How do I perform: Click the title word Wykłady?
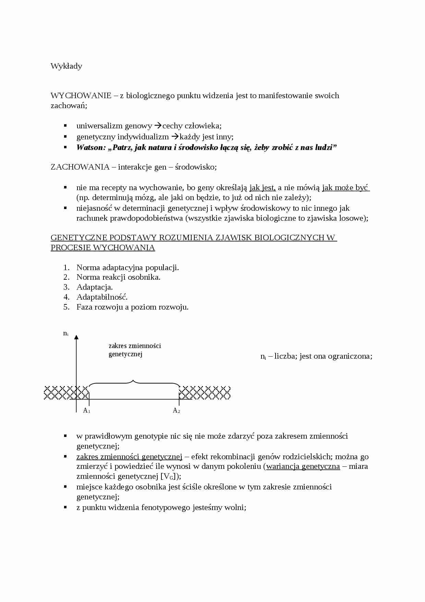click(x=66, y=66)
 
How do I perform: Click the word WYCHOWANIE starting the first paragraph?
click(x=81, y=95)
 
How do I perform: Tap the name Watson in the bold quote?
click(x=89, y=148)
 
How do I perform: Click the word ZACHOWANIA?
click(x=80, y=167)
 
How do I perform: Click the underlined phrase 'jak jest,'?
click(x=263, y=188)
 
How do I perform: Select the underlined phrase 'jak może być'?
click(x=345, y=188)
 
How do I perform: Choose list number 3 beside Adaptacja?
click(x=66, y=287)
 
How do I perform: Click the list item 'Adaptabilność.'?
click(x=102, y=297)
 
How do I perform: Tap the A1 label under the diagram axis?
click(x=86, y=410)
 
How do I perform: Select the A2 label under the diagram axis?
click(x=176, y=410)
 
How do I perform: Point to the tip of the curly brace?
click(x=133, y=380)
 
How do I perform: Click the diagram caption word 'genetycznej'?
click(x=125, y=354)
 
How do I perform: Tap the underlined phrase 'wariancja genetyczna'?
click(x=303, y=466)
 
